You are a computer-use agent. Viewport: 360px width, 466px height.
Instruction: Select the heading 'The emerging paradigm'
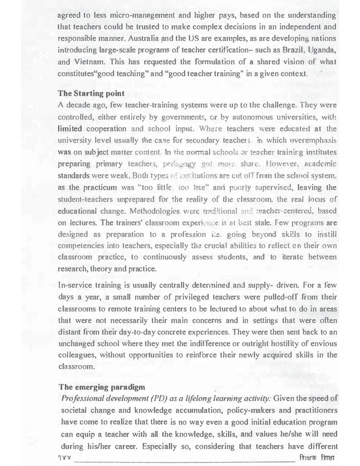[99, 387]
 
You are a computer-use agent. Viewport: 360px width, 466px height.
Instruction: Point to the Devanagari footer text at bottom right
[321, 456]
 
